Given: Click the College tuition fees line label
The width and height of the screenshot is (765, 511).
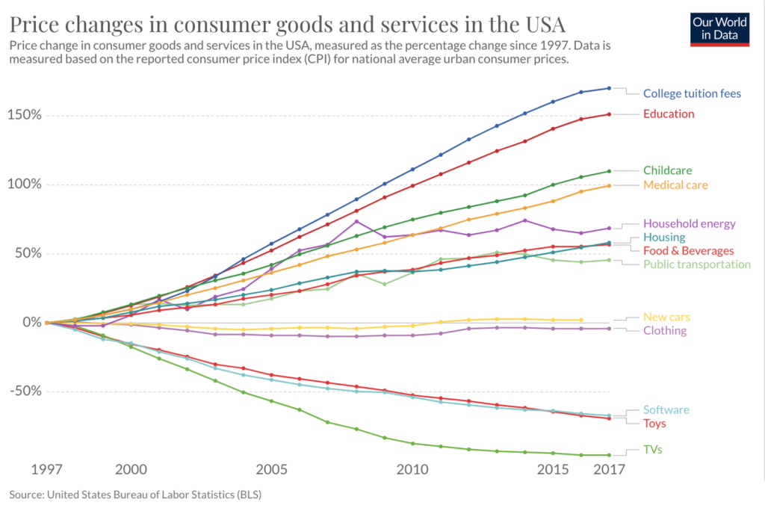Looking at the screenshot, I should coord(692,93).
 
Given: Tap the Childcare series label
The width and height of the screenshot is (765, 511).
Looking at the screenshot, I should coord(668,170).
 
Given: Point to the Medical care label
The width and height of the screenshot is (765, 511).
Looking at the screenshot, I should coord(675,185).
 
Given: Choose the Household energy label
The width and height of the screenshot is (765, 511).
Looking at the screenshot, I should coord(689,223).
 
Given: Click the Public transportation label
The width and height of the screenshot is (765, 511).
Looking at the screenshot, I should coord(696,264).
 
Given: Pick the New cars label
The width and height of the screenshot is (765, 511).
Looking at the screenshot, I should coord(667,317).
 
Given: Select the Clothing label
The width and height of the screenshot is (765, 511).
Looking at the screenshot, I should coord(664,330).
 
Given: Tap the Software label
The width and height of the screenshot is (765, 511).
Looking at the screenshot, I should coord(666,409).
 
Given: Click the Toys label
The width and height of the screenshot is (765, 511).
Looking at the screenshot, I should coord(654,423).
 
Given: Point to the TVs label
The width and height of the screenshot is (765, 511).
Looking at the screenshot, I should coord(652,449).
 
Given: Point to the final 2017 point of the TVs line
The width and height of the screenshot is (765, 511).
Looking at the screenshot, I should coord(609,455).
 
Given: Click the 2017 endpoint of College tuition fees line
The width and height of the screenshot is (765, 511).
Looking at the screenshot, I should coord(609,88).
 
